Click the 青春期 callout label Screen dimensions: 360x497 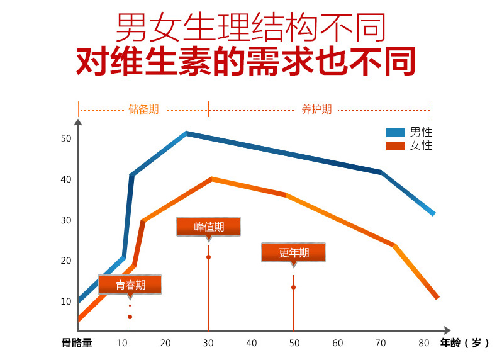point(130,285)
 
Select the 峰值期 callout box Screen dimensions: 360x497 point(209,227)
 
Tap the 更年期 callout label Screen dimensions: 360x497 point(294,252)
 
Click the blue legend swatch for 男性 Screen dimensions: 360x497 point(396,133)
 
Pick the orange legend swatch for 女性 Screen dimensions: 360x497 point(396,146)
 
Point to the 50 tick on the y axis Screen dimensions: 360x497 point(66,138)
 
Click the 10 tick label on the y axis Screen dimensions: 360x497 point(66,301)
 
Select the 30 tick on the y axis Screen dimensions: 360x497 point(66,220)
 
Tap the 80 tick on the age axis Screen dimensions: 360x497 point(423,343)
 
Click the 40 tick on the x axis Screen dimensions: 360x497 point(252,343)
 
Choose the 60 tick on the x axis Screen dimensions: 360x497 point(338,343)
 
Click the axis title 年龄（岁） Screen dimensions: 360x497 point(464,343)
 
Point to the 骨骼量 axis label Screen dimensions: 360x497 point(77,343)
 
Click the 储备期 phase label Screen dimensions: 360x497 point(143,110)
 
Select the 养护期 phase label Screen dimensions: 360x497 point(316,110)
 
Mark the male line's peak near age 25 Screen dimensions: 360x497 point(187,133)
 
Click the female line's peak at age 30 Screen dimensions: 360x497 point(212,179)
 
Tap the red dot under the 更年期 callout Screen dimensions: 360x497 point(293,288)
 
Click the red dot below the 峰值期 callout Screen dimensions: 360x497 point(208,257)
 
